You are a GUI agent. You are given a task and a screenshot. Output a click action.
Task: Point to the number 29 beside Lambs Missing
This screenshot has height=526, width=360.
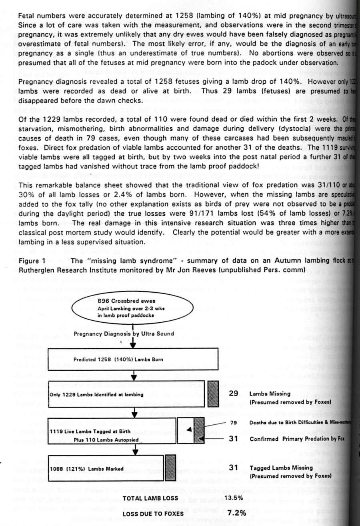(x=234, y=393)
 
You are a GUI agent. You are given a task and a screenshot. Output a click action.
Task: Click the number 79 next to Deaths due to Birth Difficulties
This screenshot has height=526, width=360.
(x=234, y=423)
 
